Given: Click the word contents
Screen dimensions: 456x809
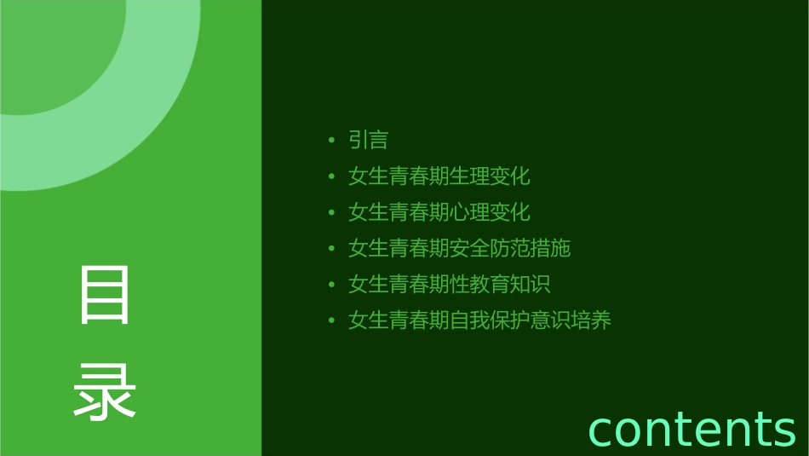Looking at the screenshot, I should coord(691,429).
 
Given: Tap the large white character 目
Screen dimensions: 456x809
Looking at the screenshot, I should coord(105,295).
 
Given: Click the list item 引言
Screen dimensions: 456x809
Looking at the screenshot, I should coord(368,140).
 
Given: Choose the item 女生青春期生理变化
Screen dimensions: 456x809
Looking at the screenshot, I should coord(439,176).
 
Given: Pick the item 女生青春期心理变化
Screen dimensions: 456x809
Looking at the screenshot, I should coord(439,212).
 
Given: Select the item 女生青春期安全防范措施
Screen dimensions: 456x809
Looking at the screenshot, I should coord(459,249).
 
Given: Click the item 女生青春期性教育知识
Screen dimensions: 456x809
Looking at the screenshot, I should coord(449,285).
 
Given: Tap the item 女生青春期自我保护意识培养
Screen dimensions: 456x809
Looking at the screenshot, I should coord(479,321).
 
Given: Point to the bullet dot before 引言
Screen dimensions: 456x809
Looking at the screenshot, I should coord(331,140).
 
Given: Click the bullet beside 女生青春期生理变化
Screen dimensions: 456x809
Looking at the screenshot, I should coord(331,176).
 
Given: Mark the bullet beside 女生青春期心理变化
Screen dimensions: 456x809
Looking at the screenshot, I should coord(331,212).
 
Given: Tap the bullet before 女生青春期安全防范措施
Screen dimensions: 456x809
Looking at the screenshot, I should coord(331,249).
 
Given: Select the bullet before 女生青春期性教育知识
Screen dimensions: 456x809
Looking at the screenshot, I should coord(331,285).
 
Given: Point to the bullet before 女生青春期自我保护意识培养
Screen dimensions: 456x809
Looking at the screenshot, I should coord(331,321).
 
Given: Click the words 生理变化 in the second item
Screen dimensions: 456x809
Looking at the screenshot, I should coord(490,176).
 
